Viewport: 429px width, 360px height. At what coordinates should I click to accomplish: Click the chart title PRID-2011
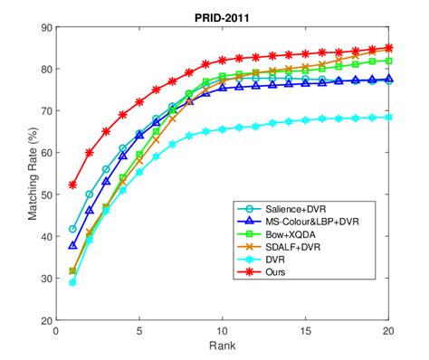click(223, 17)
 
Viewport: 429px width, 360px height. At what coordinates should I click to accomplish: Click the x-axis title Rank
click(223, 347)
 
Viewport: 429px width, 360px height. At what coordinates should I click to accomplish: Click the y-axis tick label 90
click(44, 28)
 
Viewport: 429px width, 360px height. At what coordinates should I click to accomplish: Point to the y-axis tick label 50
click(44, 195)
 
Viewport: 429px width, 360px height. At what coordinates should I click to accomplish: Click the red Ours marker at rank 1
click(72, 185)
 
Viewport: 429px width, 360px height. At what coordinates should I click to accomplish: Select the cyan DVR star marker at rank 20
click(389, 118)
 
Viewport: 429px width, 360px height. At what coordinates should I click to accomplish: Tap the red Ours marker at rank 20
click(389, 48)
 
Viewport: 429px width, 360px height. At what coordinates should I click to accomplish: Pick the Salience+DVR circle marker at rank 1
click(72, 229)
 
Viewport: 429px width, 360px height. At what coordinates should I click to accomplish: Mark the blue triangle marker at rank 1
click(72, 245)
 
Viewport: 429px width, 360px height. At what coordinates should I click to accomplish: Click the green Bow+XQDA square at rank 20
click(389, 61)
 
